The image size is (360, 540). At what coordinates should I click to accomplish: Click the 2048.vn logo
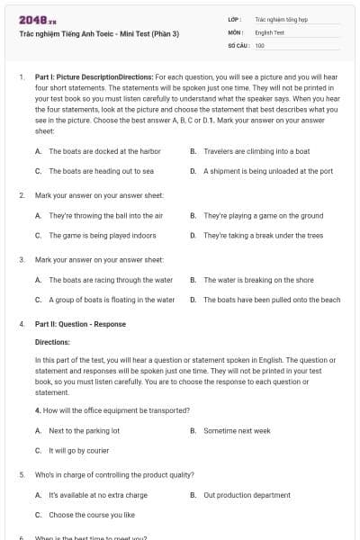[31, 19]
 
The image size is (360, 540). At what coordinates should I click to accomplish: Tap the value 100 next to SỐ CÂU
[260, 45]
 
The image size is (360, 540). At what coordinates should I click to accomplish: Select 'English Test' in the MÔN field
[270, 31]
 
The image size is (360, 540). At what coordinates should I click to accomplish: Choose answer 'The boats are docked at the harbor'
[104, 151]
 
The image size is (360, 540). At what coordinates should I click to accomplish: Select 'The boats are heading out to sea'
[101, 170]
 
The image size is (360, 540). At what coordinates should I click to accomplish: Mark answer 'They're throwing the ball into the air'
[105, 216]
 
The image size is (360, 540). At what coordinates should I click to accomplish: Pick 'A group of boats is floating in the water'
[112, 299]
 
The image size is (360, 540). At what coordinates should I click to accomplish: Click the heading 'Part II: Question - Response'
[80, 323]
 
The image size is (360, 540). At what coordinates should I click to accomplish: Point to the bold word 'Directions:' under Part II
[52, 342]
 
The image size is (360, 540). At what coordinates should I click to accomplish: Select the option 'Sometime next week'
[237, 430]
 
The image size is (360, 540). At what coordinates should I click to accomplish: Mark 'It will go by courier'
[78, 449]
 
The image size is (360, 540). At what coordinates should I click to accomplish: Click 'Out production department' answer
[247, 495]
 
